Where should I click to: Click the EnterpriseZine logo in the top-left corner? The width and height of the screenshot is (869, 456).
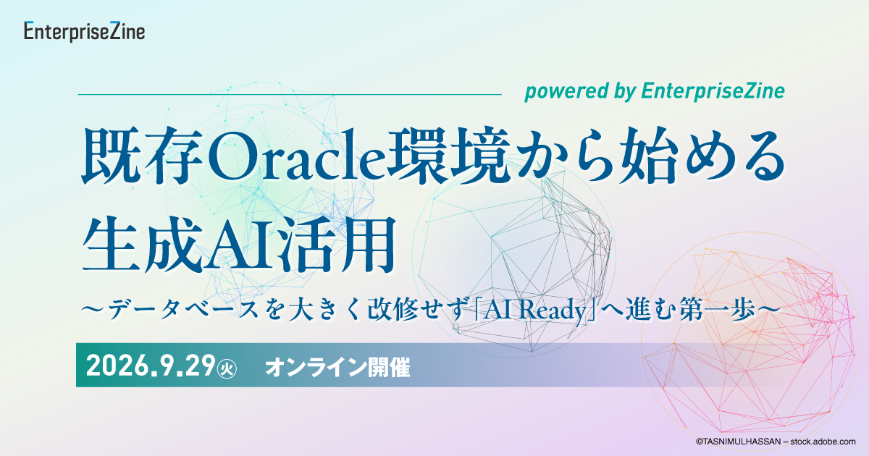tap(84, 31)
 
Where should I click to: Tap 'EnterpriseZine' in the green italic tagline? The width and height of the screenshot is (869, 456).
tap(713, 91)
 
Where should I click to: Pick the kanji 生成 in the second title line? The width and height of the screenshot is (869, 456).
tap(143, 245)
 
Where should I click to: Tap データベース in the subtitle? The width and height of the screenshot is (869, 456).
tap(183, 311)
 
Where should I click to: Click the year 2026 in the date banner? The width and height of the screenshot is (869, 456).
tap(117, 366)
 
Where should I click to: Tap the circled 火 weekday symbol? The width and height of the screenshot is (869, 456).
tap(227, 368)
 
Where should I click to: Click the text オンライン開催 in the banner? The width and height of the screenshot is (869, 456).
tap(337, 367)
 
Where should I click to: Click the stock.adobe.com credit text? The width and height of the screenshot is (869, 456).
tap(776, 442)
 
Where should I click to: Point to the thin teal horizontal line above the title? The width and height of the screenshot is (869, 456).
tap(290, 94)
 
